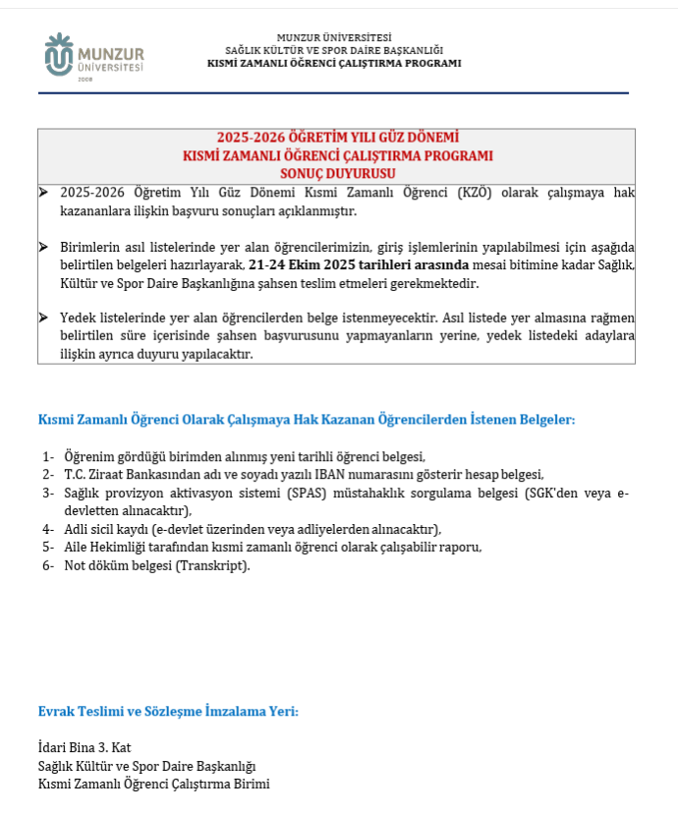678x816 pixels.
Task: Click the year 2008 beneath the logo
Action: coord(85,80)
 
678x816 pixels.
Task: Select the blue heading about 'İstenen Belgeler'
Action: coord(306,420)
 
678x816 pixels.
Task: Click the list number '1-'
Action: coord(48,456)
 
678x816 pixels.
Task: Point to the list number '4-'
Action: coord(48,529)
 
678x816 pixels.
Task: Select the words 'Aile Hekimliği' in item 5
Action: coord(103,547)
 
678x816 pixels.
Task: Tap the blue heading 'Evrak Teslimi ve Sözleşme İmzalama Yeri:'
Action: coord(168,711)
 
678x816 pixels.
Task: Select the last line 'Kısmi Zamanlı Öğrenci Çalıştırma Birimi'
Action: coord(153,784)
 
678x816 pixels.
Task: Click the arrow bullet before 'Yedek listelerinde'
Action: coord(43,319)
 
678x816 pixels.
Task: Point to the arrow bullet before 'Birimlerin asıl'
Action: coord(43,247)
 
